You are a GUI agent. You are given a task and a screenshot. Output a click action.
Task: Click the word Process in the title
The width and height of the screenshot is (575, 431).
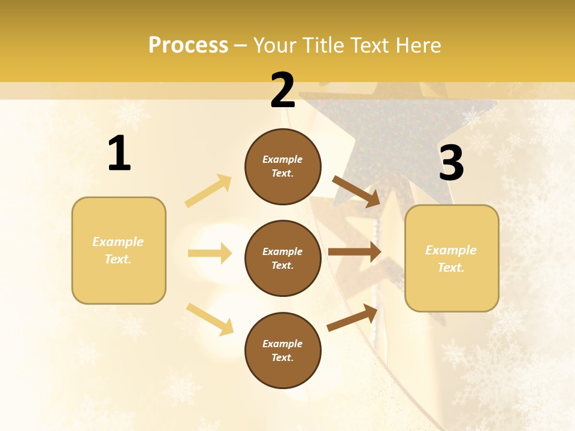tap(188, 45)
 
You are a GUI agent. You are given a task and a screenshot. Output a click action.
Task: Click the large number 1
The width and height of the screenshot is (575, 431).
tap(119, 154)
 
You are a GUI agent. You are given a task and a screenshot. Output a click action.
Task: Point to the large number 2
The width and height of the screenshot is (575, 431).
tap(283, 90)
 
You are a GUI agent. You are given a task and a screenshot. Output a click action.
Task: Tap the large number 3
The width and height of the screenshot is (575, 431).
tap(451, 163)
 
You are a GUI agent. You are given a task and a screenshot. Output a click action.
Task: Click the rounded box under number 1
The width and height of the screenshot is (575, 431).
tap(119, 250)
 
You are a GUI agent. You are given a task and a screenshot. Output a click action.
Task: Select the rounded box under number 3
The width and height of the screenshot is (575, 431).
tap(452, 259)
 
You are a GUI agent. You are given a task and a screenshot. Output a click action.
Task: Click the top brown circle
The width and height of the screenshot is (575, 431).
tap(283, 166)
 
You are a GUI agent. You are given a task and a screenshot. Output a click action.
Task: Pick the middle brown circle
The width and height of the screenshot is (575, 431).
tap(283, 258)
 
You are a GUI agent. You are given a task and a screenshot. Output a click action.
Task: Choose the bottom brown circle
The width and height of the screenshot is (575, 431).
tap(283, 350)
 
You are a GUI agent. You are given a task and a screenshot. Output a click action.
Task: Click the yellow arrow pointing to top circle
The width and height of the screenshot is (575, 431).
tap(208, 191)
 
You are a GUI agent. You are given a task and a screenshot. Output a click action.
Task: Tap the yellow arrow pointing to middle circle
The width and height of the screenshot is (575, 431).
tap(210, 253)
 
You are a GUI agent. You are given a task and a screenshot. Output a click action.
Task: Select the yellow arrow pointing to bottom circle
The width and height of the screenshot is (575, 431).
tap(210, 319)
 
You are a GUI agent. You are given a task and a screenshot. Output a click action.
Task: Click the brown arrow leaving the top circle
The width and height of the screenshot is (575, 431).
tap(356, 191)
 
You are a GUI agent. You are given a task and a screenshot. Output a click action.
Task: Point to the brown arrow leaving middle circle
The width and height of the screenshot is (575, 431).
tap(355, 252)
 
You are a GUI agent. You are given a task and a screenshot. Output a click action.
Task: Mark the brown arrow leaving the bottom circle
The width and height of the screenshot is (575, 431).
tap(352, 317)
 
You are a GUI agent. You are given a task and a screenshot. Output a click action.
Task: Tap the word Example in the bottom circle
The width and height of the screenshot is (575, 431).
tap(283, 344)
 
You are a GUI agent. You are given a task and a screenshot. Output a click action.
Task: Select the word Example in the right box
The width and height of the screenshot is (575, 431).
tap(451, 250)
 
